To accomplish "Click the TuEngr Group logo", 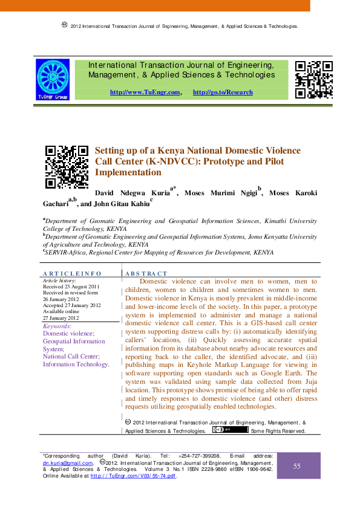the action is pos(53,79).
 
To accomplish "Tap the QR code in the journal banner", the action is pos(313,79).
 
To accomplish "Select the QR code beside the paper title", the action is pos(67,167).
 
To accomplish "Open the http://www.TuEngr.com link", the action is pos(145,92).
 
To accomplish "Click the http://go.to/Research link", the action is pos(223,92).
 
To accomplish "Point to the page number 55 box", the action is pos(297,465).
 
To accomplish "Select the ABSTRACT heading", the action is pos(146,274).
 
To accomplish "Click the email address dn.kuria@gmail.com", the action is pos(67,462).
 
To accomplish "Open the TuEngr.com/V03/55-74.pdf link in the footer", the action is pos(133,476).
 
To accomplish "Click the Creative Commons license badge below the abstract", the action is pos(230,430).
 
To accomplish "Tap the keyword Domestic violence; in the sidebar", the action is pos(68,333).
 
